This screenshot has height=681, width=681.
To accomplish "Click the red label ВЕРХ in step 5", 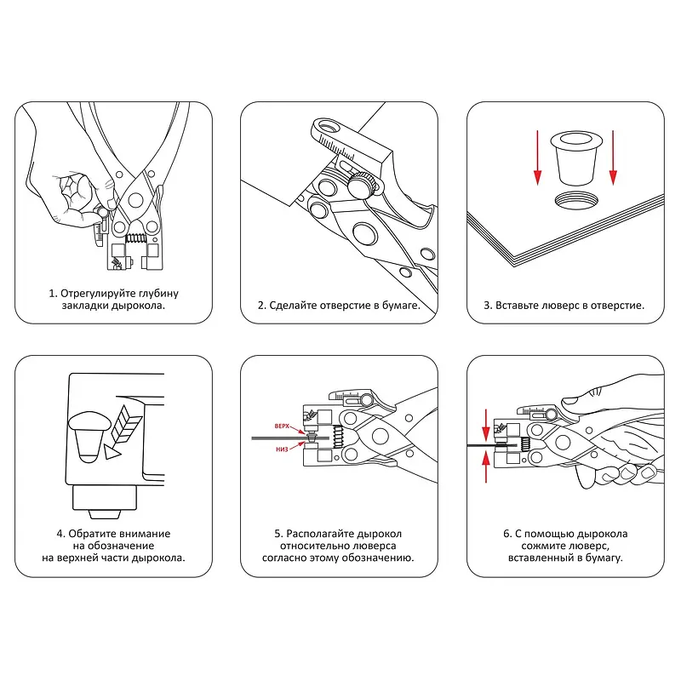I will [283, 423].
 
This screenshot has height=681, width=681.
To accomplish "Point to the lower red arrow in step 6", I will [486, 466].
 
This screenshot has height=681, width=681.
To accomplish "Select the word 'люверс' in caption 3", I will [554, 305].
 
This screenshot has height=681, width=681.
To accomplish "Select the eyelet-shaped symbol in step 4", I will [88, 435].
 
